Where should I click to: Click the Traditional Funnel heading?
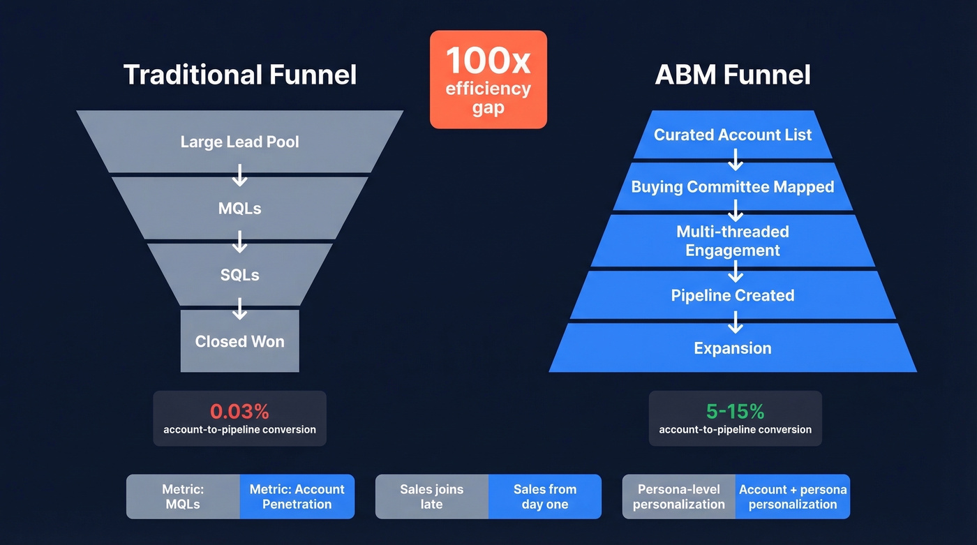(239, 75)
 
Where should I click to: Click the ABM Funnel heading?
(733, 75)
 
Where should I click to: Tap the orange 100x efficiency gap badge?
(488, 80)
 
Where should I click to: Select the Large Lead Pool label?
(239, 142)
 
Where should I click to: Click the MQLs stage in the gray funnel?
(239, 209)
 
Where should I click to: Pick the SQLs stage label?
(239, 275)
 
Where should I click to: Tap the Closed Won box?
(239, 341)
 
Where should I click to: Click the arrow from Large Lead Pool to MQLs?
(239, 175)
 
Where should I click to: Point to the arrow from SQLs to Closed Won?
(239, 308)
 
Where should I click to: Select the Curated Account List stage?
(733, 135)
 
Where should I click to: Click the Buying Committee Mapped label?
(733, 187)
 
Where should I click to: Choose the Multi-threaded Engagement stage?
(733, 241)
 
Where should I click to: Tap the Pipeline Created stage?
(733, 295)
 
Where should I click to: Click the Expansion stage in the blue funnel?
(733, 348)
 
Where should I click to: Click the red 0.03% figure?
(239, 410)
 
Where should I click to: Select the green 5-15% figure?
(735, 410)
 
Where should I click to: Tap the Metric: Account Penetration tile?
(297, 497)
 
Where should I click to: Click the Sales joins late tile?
(431, 497)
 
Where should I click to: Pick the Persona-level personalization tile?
(678, 497)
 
